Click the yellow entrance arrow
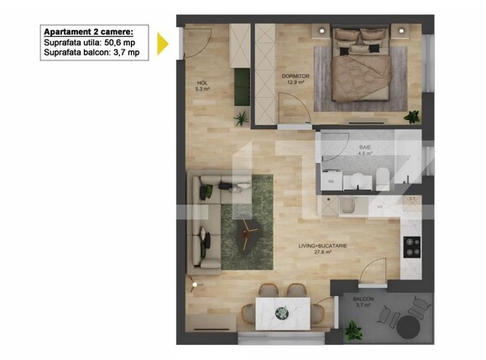click(163, 42)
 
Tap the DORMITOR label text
click(295, 76)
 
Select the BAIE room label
click(364, 145)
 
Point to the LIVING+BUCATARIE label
click(323, 246)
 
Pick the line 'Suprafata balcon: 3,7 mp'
click(91, 52)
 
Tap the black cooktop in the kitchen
click(412, 246)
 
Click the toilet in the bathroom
click(381, 176)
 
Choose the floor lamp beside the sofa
click(196, 284)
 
